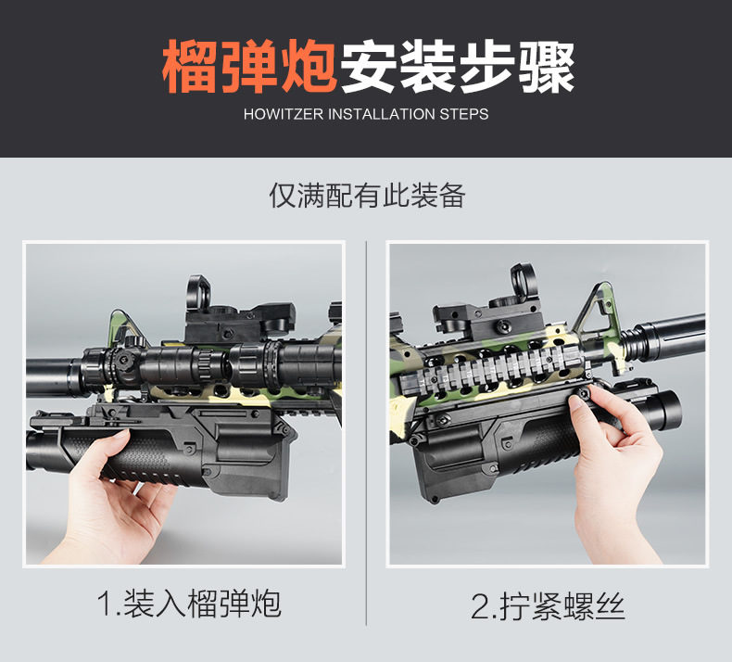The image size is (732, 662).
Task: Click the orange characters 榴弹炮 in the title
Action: click(x=248, y=67)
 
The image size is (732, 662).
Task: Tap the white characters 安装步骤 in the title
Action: click(x=457, y=67)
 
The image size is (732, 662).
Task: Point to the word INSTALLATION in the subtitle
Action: click(x=381, y=115)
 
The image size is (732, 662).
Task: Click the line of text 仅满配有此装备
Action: click(x=366, y=196)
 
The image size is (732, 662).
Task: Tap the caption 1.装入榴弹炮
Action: click(x=189, y=604)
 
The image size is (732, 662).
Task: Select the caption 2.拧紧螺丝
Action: click(x=548, y=607)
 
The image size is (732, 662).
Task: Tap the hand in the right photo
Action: click(x=612, y=473)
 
